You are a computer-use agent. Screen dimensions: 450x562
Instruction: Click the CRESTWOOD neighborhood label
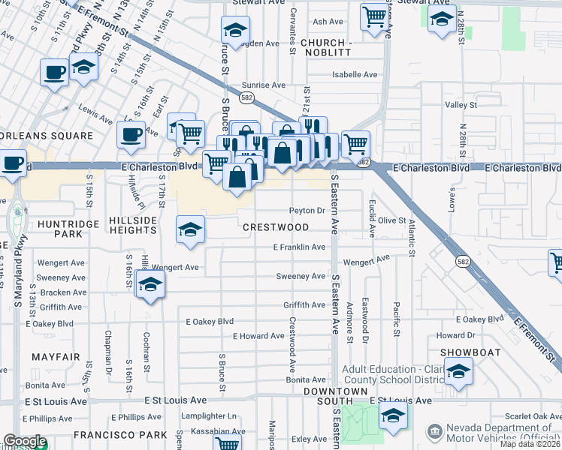click(x=275, y=226)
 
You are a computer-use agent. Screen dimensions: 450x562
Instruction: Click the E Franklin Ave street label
click(x=298, y=247)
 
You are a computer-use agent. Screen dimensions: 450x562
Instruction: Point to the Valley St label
click(x=455, y=106)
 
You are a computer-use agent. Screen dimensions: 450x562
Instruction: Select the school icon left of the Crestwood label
click(x=190, y=229)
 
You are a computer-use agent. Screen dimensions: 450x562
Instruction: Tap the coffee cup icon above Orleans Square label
click(x=131, y=136)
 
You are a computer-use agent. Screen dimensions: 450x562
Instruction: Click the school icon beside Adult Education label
click(x=458, y=371)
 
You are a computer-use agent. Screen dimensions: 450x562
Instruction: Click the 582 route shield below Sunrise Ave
click(x=246, y=97)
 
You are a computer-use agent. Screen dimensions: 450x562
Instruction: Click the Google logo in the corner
click(x=25, y=441)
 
